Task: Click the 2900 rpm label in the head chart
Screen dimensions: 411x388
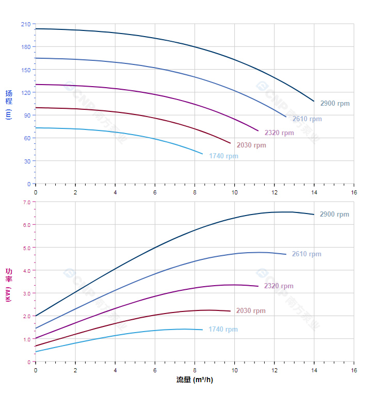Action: (334, 104)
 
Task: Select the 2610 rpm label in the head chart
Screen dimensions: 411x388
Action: (306, 119)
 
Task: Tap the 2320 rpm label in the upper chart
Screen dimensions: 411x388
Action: (279, 133)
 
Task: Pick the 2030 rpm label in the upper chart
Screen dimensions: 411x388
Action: (251, 145)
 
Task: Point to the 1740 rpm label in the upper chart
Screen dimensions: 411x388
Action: (223, 156)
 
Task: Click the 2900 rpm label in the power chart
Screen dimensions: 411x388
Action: (334, 215)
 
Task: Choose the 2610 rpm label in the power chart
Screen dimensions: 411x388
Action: (306, 254)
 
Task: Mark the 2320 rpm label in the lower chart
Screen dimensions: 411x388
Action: (278, 286)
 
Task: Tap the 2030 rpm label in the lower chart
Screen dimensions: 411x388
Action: (251, 311)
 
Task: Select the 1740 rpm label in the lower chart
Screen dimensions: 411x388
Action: (223, 330)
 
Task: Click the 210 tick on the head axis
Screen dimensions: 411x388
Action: (26, 24)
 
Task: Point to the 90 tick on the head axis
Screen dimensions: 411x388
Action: (27, 116)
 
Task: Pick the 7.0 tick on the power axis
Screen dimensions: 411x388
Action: (27, 202)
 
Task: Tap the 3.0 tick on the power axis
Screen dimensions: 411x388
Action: (27, 293)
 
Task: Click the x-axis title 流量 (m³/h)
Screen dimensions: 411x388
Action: (195, 380)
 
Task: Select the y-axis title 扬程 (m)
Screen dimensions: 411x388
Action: (9, 104)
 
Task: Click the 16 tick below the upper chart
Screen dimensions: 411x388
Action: (354, 192)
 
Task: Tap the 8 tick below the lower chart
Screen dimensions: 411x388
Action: (195, 370)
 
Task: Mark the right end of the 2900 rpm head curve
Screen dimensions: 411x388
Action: (314, 101)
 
